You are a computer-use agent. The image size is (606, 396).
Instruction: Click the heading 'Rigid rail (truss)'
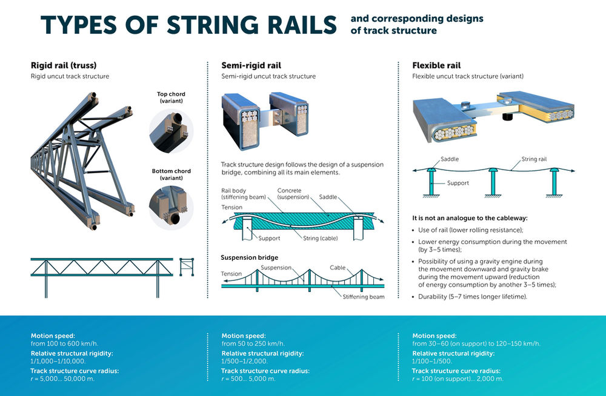pyautogui.click(x=64, y=65)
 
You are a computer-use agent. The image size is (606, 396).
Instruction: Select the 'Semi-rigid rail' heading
pyautogui.click(x=251, y=65)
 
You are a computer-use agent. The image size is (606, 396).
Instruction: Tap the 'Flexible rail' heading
pyautogui.click(x=436, y=65)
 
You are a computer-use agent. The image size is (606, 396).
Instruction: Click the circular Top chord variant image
pyautogui.click(x=170, y=131)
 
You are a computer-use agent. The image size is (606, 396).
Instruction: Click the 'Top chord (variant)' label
pyautogui.click(x=171, y=97)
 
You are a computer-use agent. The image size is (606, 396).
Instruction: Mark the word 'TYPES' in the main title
pyautogui.click(x=82, y=25)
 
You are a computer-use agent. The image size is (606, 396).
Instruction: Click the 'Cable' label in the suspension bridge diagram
pyautogui.click(x=338, y=267)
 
